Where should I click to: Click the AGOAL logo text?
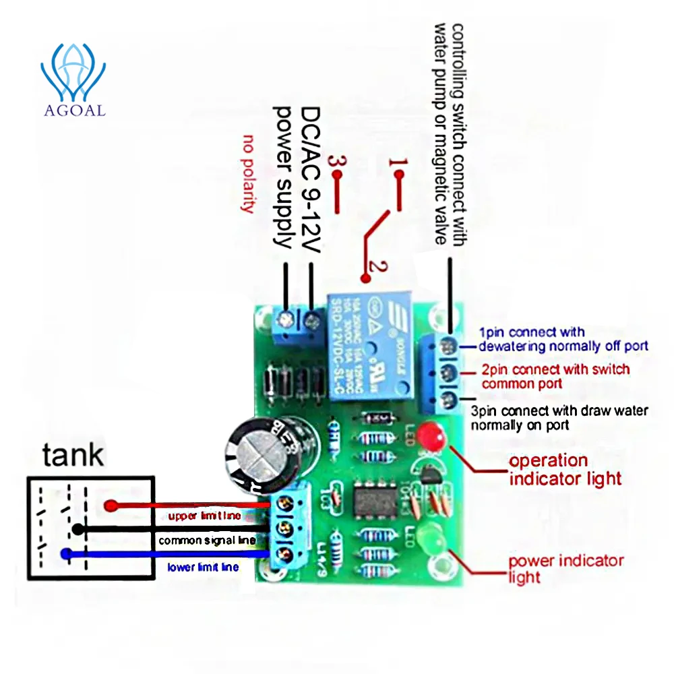coord(74,110)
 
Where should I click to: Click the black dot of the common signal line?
coord(78,529)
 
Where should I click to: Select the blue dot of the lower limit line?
coord(66,554)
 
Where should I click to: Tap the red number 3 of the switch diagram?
coord(335,162)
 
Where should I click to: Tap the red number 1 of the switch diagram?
coord(398,162)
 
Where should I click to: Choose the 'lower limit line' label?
coord(203,568)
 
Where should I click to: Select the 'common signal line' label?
coord(207,541)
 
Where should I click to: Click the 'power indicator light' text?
coord(565,569)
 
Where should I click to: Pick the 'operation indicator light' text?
coord(565,470)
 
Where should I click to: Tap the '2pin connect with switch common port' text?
coord(555,376)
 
